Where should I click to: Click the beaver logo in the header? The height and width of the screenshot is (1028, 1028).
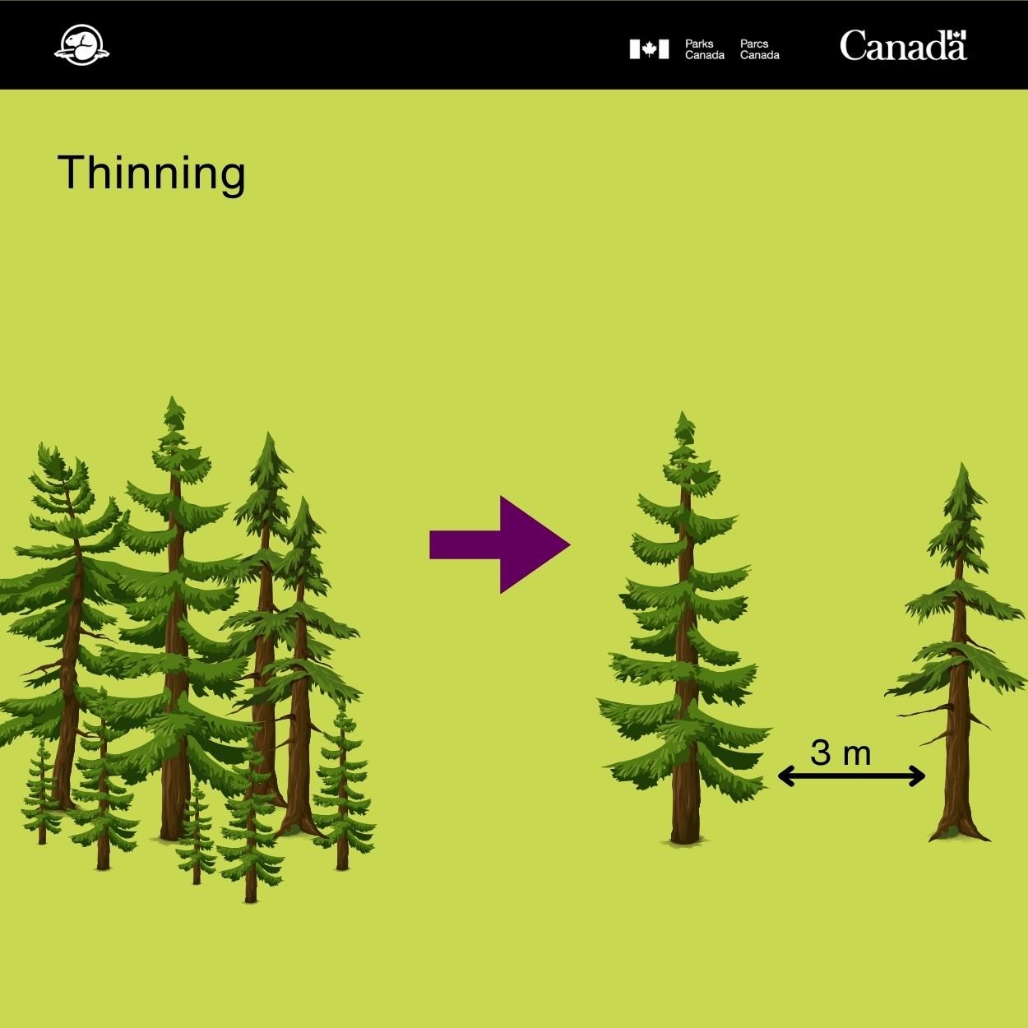pos(81,44)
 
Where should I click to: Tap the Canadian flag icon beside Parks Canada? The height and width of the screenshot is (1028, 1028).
pos(649,49)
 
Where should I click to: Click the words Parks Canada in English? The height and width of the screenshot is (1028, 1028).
pos(704,49)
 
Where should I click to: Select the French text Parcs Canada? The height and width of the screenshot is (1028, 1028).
pos(759,49)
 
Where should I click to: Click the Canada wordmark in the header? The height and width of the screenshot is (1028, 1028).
pos(903,45)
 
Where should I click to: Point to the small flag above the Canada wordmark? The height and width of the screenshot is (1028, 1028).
pos(959,35)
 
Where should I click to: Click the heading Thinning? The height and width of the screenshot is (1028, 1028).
pos(151,174)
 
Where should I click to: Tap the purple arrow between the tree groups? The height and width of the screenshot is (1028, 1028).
pos(500,544)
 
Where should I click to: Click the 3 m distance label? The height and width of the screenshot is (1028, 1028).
pos(840,752)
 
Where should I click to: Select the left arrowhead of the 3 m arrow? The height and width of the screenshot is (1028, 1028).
pos(785,776)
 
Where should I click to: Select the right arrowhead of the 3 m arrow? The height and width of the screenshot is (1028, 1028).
pos(918,776)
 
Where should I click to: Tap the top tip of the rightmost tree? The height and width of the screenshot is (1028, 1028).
pos(962,463)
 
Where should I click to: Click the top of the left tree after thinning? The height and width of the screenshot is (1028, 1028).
pos(683,412)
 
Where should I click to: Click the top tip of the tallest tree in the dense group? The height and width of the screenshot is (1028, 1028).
pos(172,397)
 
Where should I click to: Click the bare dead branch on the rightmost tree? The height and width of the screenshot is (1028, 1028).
pos(925,711)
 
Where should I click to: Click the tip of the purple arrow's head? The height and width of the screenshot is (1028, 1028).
pos(570,544)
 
